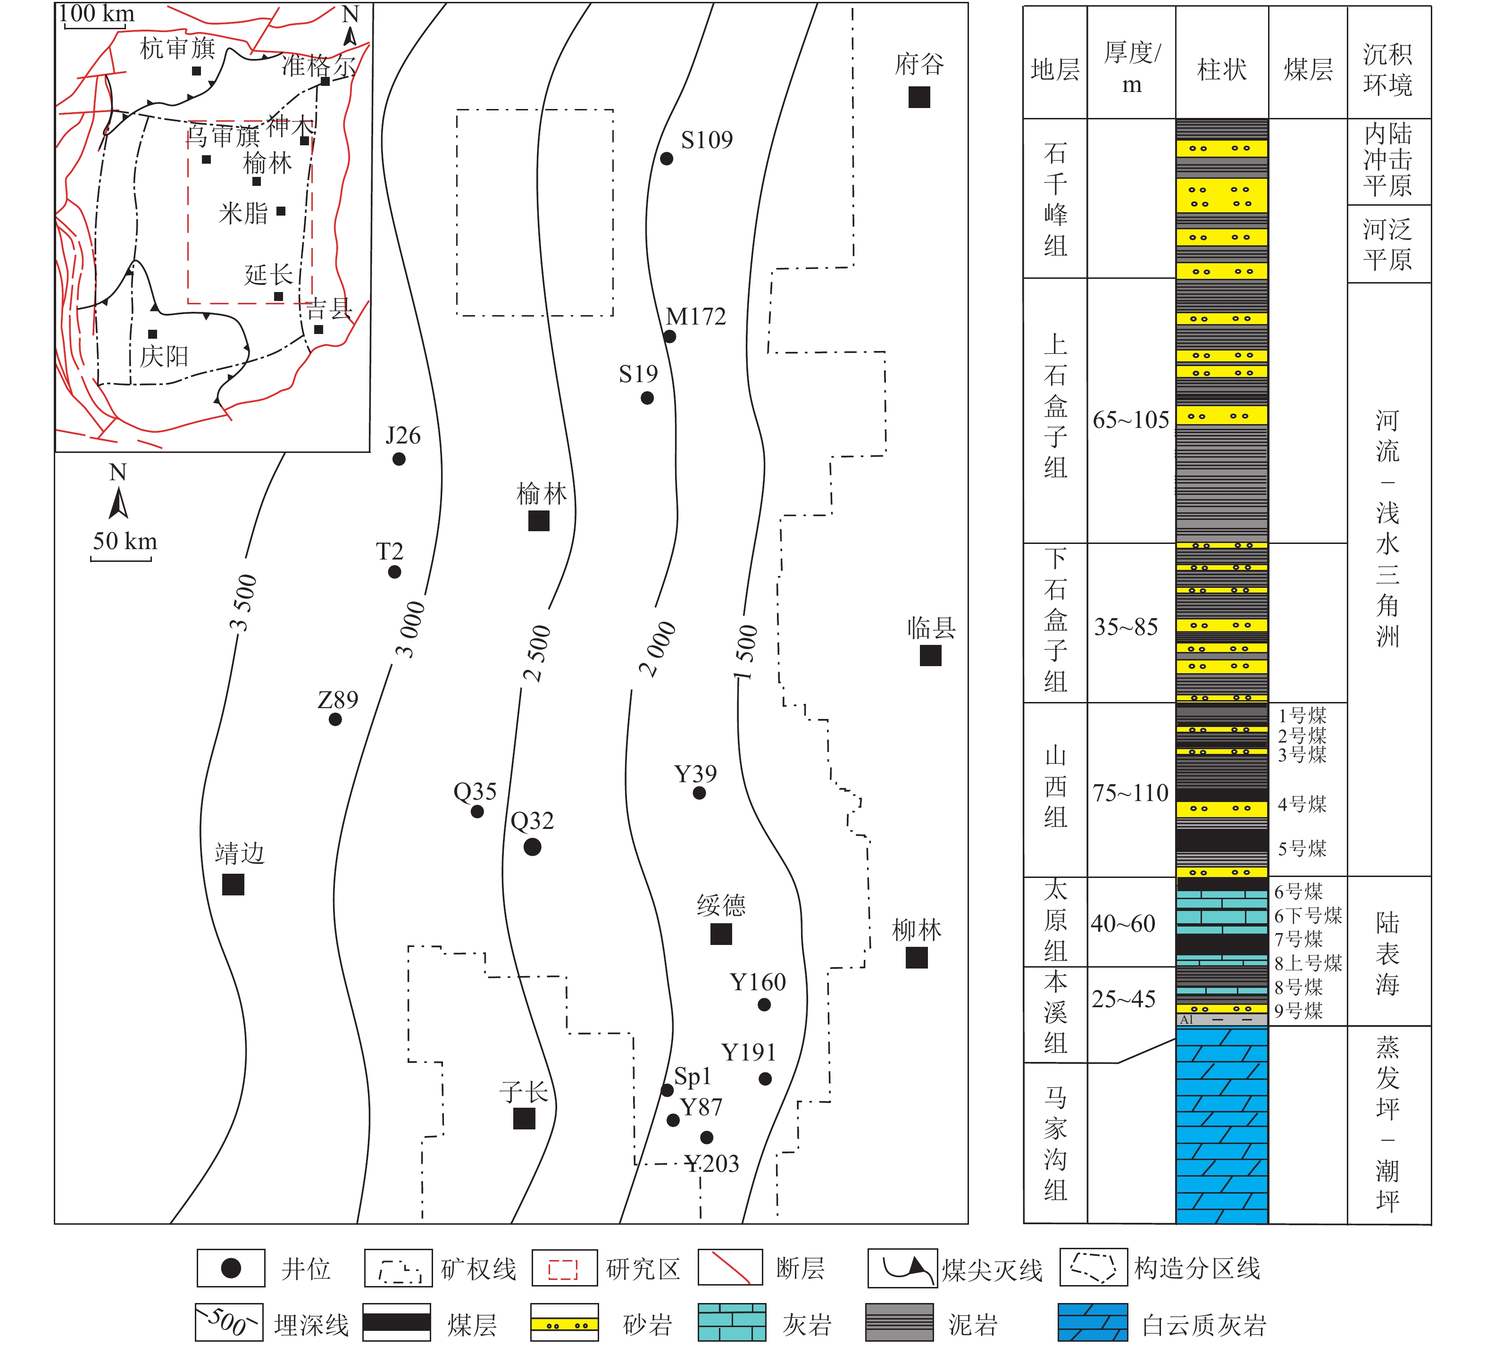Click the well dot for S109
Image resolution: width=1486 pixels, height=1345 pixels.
tap(666, 159)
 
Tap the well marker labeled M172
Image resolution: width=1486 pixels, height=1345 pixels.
tap(669, 337)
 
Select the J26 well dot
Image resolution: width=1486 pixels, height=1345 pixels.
tap(399, 459)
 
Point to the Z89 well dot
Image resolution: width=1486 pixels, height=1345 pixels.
tap(335, 719)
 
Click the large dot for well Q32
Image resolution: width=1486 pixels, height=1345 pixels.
tap(532, 847)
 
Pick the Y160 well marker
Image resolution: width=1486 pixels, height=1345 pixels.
tap(764, 1004)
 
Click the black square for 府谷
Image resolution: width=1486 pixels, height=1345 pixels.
tap(919, 97)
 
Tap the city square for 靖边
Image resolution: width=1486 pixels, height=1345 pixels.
tap(233, 885)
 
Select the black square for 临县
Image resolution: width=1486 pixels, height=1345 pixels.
tap(930, 655)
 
